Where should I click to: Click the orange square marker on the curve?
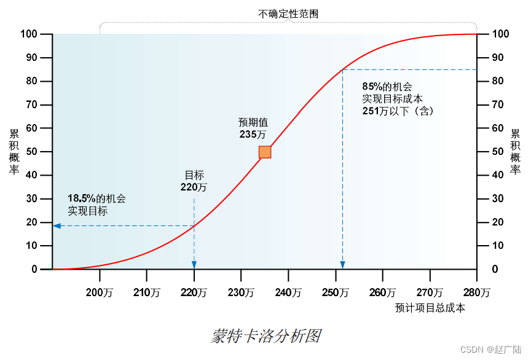point(265,152)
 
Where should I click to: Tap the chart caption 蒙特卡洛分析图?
point(265,336)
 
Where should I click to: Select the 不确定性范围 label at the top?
point(288,14)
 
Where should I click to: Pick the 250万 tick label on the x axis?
point(335,293)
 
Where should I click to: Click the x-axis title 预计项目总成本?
point(430,308)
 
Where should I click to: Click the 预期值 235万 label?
point(253,128)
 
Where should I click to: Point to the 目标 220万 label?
point(194,181)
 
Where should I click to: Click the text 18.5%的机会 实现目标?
point(96,205)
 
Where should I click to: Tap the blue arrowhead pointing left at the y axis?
point(57,226)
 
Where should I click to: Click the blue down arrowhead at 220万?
point(194,265)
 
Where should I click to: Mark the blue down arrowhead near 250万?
point(342,265)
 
